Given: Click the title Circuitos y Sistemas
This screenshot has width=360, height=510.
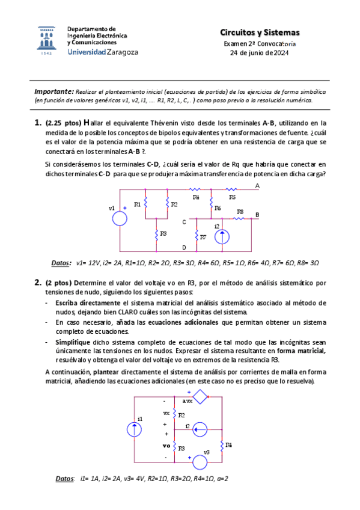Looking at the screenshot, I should coord(260,32).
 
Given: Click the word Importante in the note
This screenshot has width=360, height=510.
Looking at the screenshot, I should coord(53,91).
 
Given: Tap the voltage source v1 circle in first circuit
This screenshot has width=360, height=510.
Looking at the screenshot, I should coord(120,218).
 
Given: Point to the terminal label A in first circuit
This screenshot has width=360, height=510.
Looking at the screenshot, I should coord(257,186).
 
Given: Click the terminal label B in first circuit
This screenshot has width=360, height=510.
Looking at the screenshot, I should coord(257,215).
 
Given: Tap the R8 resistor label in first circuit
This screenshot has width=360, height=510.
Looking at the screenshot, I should coord(240,212).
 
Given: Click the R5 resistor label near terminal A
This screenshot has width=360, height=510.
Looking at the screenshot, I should coord(232,197).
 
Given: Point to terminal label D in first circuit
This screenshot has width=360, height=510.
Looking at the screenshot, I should coord(184,247).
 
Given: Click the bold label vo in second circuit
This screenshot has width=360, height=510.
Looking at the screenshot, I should coord(166,446).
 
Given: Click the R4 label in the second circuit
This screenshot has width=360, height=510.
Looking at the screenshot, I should coord(229,444).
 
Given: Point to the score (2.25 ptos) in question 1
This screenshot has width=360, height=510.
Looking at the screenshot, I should coord(63,123).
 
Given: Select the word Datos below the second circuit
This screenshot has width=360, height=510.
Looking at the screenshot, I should coord(65,479).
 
